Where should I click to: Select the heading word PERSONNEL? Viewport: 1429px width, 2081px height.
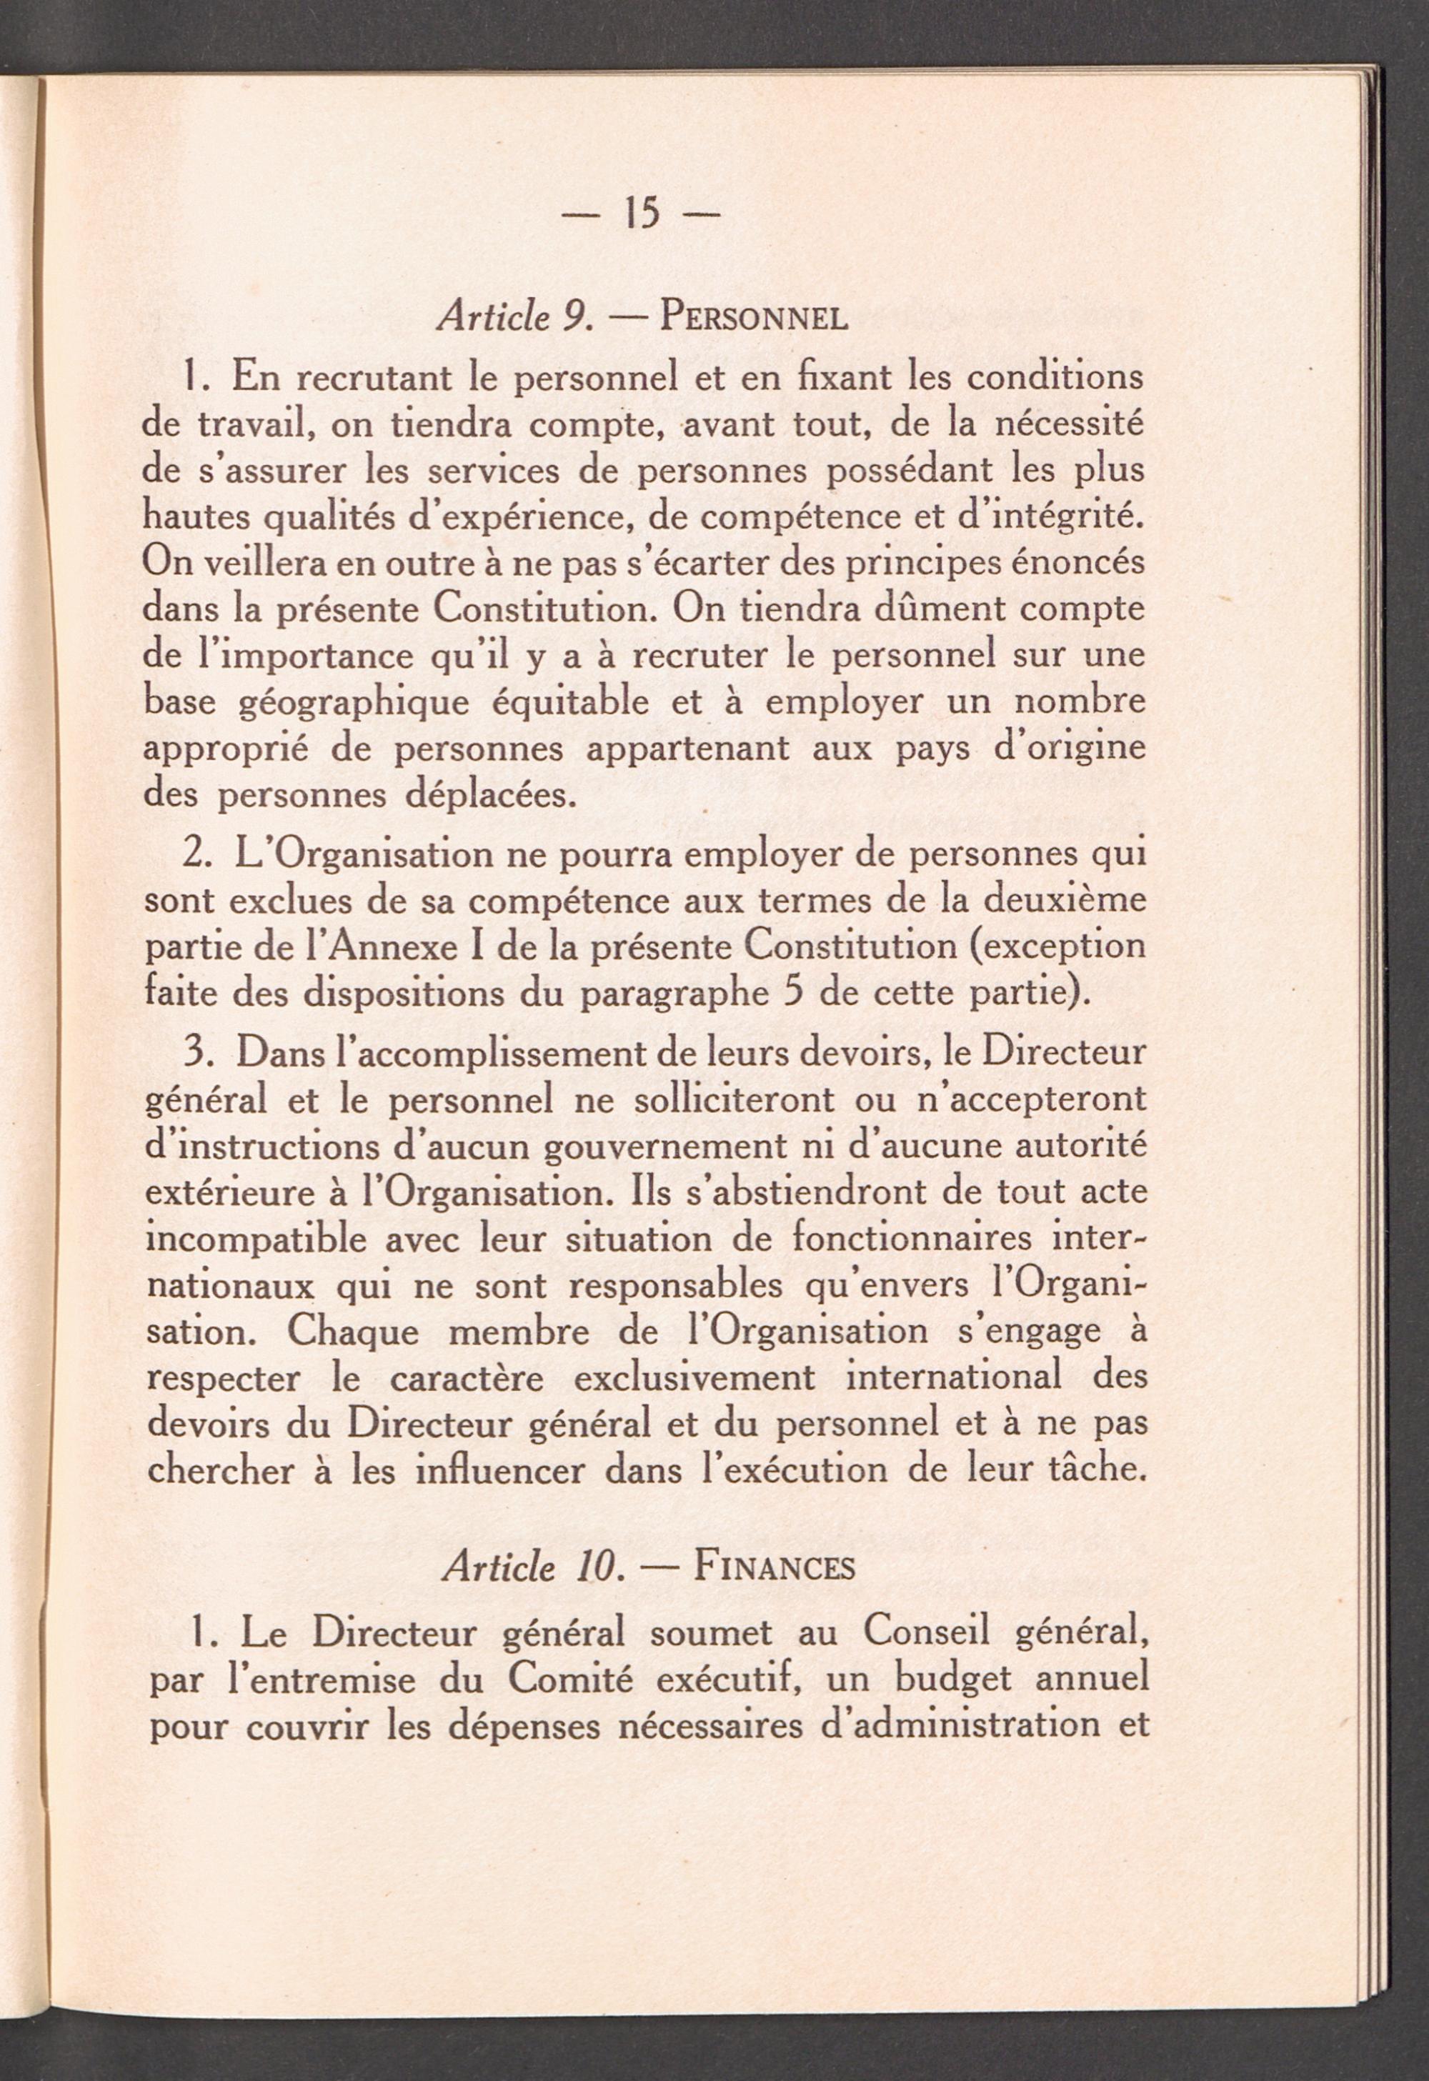coord(753,319)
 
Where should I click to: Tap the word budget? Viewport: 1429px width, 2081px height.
coord(954,1682)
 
